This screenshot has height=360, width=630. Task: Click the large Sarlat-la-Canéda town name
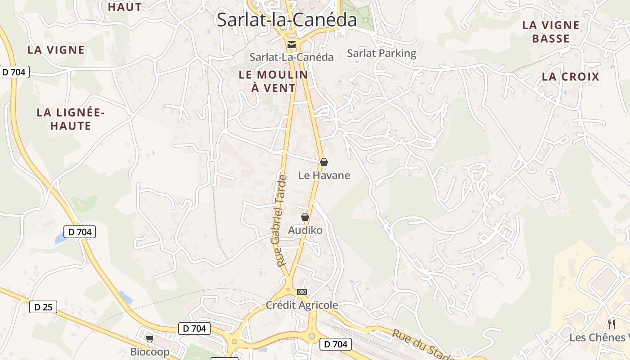coord(287,20)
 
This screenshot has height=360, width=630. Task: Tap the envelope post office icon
coord(292,44)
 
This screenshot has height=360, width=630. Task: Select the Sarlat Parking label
coord(382,54)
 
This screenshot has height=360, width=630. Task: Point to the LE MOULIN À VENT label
coord(273,81)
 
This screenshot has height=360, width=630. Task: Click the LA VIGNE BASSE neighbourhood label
coord(551,32)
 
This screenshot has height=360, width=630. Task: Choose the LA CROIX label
coord(571,76)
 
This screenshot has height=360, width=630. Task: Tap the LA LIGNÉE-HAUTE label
coord(71,119)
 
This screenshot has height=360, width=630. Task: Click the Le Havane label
coord(324,175)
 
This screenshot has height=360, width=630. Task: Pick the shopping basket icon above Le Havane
coord(324,162)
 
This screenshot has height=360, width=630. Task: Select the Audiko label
coord(305,230)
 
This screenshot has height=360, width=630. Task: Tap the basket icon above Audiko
coord(305,217)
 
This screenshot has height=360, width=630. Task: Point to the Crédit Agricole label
coord(301,305)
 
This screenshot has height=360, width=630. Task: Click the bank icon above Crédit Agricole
coord(301,292)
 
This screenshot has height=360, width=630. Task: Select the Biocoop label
coord(150,352)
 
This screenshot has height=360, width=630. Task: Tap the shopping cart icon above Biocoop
coord(150,338)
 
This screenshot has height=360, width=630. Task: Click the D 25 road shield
coord(43,307)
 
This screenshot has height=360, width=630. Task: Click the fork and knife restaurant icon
coord(611,324)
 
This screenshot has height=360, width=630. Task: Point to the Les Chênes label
coord(598,337)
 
